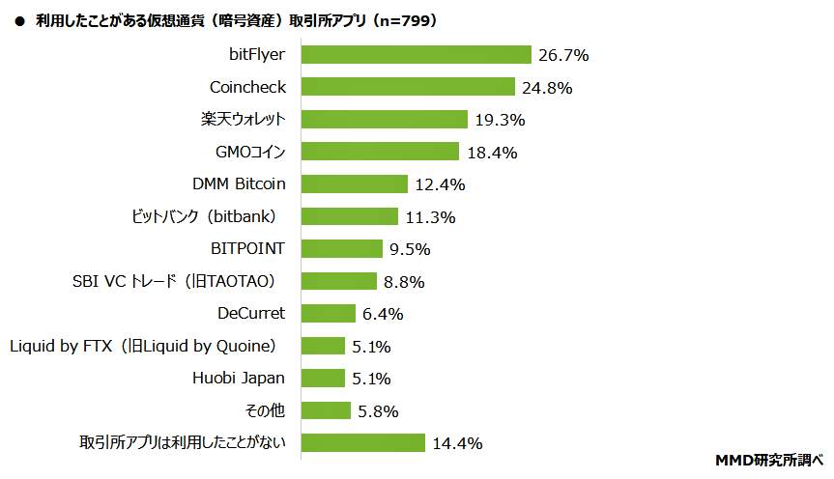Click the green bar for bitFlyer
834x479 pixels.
coord(417,55)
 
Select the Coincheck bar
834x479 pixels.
coord(408,87)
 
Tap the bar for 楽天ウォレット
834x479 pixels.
coord(384,120)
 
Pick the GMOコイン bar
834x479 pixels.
coord(380,152)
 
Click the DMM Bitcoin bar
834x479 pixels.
coord(354,184)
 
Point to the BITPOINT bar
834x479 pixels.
coord(342,249)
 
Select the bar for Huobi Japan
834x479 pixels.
coord(323,378)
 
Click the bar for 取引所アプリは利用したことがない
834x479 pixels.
coord(363,442)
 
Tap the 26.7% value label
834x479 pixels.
coord(563,55)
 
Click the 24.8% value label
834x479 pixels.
coord(547,88)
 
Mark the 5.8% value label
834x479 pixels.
coord(379,411)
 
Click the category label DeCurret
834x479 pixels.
coord(251,313)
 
